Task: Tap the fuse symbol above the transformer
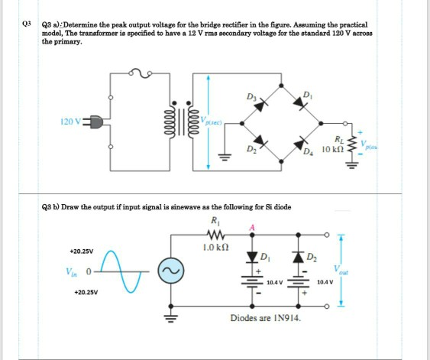144,73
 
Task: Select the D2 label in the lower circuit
319,255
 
